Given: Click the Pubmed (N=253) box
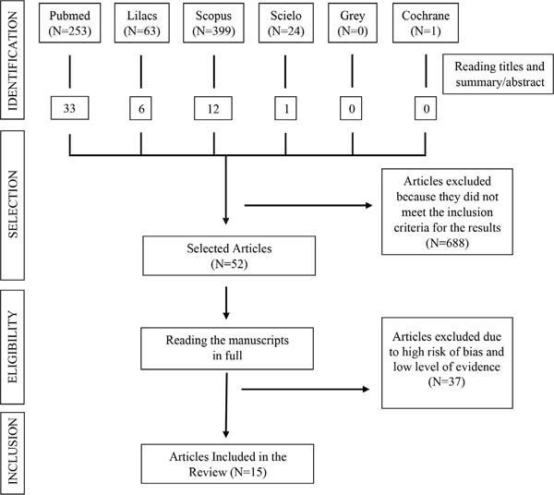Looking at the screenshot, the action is tap(69, 23).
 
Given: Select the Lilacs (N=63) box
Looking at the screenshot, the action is tap(141, 23).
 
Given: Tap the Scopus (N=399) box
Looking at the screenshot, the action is tap(213, 23).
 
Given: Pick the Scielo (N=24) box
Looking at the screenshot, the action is tap(286, 23).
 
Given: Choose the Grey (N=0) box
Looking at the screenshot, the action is tap(353, 23).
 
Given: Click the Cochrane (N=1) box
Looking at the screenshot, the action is tap(426, 23).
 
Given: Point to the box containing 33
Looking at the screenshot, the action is tap(69, 108).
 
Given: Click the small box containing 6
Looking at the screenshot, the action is tap(140, 108).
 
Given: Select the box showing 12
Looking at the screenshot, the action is tap(213, 108).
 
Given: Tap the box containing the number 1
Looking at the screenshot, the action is tap(285, 108).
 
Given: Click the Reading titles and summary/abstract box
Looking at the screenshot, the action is tap(499, 74).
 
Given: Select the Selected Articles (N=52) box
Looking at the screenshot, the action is tap(229, 256).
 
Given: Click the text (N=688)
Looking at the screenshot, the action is tap(447, 243).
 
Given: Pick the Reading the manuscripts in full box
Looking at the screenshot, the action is tap(227, 348).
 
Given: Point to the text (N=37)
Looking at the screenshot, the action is tap(446, 381).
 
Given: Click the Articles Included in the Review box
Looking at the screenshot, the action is tap(227, 464).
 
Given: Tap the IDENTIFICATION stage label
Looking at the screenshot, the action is tap(12, 60).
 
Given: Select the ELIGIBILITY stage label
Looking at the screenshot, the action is tap(12, 347).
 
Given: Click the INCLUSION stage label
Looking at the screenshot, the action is tap(12, 453).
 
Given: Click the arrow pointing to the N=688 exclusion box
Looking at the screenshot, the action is tap(308, 205).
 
